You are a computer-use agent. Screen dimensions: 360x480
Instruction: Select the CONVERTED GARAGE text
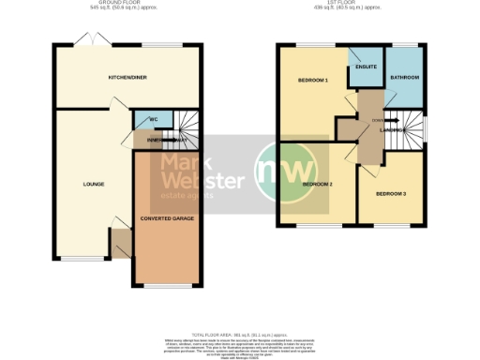(x=167, y=218)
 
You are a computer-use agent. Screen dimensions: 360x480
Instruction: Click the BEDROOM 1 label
(x=312, y=81)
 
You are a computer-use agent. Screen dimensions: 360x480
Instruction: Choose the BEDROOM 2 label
(x=318, y=184)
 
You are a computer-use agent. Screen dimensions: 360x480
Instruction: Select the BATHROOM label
(x=404, y=78)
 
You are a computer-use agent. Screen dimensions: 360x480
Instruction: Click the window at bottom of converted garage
(x=167, y=286)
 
